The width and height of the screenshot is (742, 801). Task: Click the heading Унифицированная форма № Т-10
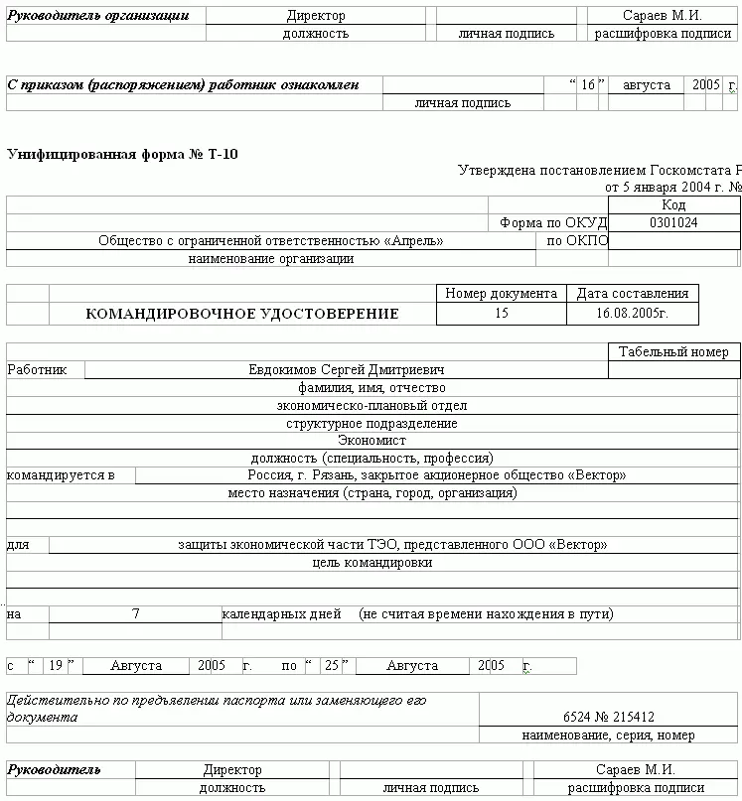[x=122, y=154]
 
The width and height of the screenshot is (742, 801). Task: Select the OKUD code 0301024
[x=673, y=223]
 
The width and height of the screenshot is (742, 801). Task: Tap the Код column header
[x=673, y=205]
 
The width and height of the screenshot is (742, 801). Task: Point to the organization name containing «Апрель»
[x=270, y=241]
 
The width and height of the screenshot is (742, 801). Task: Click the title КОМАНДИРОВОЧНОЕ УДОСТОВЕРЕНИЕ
[x=242, y=314]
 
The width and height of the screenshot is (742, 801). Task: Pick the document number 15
[x=501, y=314]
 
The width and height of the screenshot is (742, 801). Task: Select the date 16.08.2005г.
[x=632, y=314]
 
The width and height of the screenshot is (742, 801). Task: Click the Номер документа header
[x=501, y=294]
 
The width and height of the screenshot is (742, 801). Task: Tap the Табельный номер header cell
[x=673, y=352]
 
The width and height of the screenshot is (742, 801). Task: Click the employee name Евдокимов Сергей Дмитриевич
[x=346, y=370]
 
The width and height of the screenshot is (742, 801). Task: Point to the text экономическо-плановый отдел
[x=371, y=406]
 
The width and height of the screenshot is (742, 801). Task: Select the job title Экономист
[x=371, y=441]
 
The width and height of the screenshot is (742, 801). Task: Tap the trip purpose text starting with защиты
[x=392, y=545]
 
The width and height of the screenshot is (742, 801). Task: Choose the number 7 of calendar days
[x=135, y=614]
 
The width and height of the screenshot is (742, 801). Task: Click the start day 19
[x=56, y=666]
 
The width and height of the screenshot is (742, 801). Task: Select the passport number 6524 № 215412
[x=608, y=717]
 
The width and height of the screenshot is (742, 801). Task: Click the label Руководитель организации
[x=97, y=16]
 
